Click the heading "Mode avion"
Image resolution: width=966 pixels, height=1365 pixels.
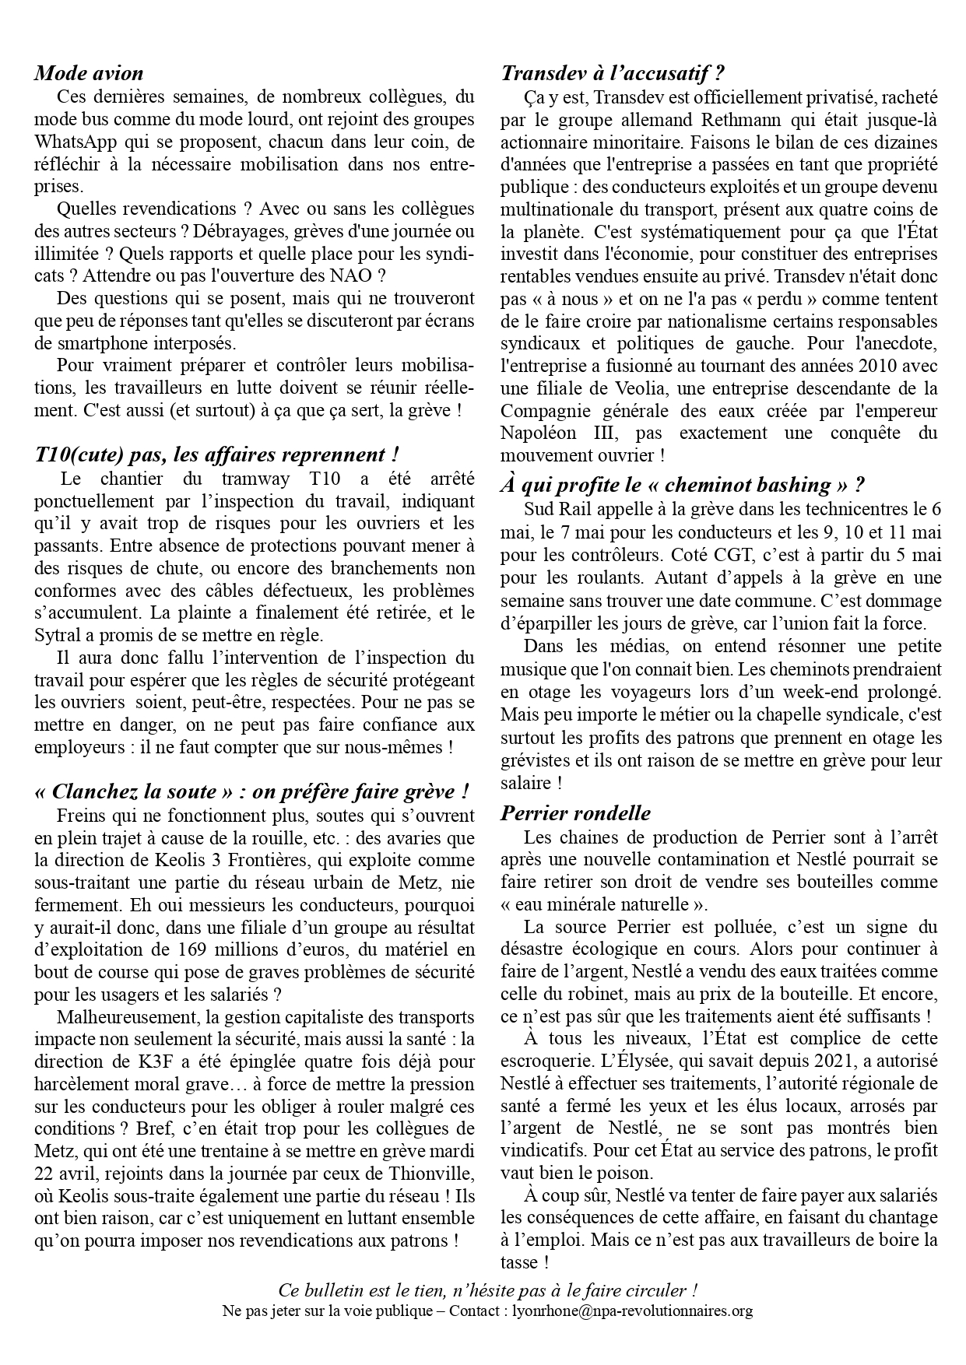click(x=89, y=74)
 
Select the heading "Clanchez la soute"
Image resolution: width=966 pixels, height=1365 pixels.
click(x=251, y=792)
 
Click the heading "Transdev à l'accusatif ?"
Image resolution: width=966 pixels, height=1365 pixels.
click(x=613, y=74)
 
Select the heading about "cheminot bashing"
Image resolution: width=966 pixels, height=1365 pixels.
click(x=683, y=486)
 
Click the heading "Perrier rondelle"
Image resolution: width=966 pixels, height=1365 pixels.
click(x=576, y=814)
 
